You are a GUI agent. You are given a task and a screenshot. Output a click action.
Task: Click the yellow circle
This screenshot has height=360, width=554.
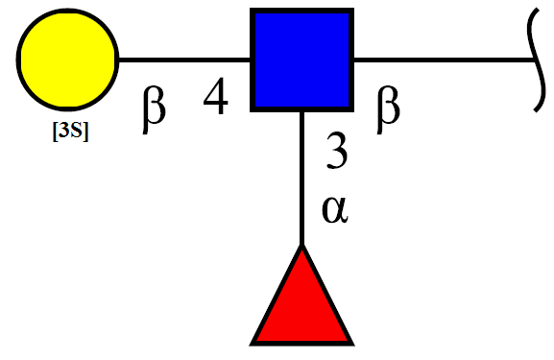67,60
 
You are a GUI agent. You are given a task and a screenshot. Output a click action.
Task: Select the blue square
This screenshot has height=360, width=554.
301,60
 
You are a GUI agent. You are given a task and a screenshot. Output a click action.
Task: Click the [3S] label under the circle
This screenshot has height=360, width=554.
70,132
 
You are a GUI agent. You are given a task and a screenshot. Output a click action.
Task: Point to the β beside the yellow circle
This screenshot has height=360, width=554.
154,109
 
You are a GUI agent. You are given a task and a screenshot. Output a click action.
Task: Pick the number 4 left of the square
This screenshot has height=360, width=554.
215,96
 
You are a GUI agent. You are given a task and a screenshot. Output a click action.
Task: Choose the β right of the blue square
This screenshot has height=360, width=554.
388,109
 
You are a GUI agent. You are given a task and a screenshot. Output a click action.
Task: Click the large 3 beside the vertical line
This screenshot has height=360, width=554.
337,150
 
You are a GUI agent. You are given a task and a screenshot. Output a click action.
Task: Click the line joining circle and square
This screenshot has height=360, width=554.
184,60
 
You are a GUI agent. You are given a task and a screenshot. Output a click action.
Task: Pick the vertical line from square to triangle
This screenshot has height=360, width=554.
301,179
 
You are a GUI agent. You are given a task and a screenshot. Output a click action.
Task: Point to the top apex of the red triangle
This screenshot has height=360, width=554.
301,245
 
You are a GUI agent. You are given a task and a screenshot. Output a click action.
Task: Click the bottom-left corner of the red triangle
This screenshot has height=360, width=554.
251,345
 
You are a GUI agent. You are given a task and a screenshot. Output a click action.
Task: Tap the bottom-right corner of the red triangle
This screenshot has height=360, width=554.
353,345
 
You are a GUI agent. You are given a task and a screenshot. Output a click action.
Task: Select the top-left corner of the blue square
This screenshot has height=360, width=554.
251,9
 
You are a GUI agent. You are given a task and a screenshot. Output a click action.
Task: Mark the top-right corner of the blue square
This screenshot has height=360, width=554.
353,9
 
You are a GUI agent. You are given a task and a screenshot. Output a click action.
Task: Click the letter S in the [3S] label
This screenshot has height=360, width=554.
76,131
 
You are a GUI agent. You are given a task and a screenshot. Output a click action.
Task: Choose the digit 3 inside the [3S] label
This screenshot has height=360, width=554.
63,131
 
